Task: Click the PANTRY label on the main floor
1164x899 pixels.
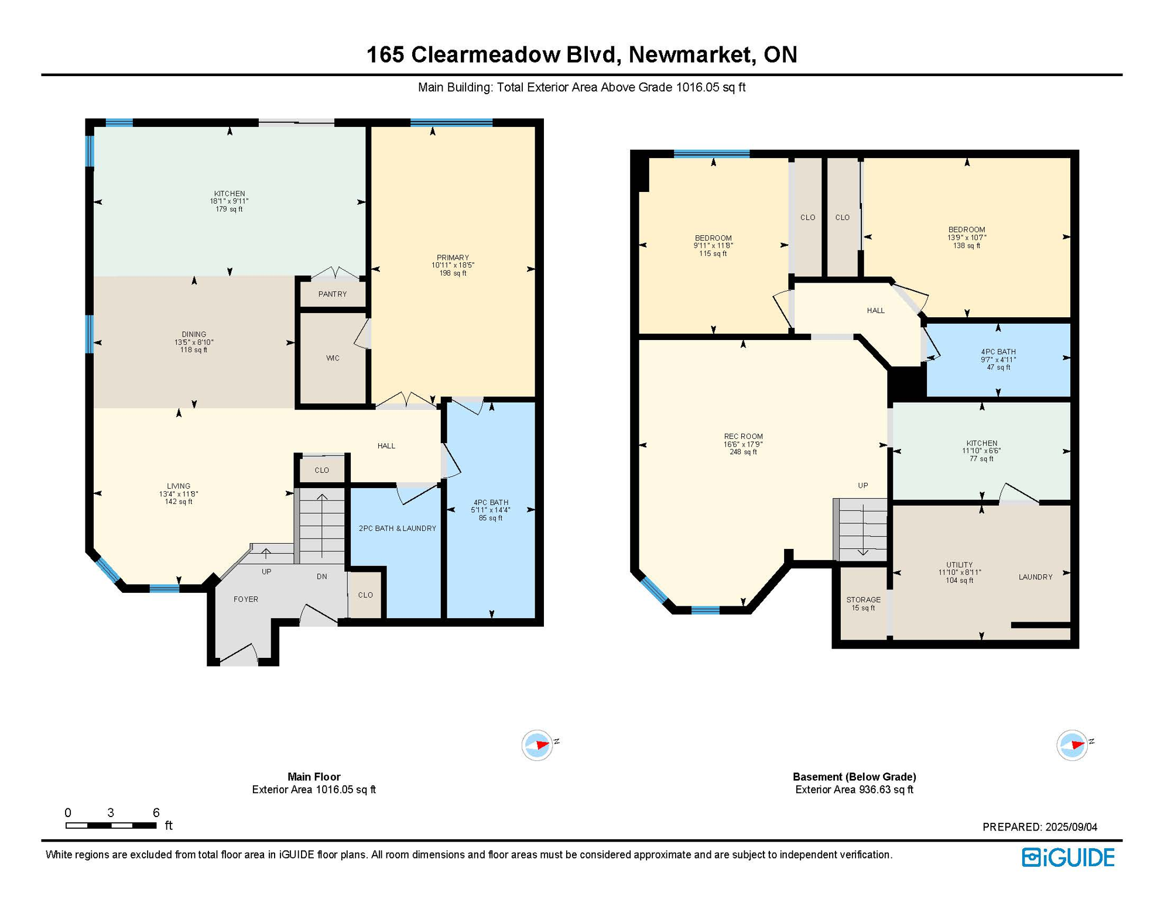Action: coord(332,294)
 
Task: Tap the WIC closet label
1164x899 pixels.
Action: coord(333,358)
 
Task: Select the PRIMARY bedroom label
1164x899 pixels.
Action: coord(453,258)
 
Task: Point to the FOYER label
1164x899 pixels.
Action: coord(246,599)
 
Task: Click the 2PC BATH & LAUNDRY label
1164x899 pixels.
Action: coord(397,529)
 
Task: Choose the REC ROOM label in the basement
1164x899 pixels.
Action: coord(743,437)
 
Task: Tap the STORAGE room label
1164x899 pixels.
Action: coord(863,600)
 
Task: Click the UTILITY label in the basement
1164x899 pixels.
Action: coord(959,565)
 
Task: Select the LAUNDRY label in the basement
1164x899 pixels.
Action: coord(1035,577)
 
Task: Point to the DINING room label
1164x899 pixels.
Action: coord(194,335)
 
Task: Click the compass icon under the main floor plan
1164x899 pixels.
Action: coord(537,745)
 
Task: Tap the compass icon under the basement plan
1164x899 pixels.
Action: coord(1072,745)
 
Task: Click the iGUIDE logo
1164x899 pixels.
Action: coord(1068,857)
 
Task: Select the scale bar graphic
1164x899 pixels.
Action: coord(111,825)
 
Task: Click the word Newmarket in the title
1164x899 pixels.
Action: coord(691,54)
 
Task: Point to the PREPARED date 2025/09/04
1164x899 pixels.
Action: coord(1071,827)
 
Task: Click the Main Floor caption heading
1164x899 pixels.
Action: coord(314,777)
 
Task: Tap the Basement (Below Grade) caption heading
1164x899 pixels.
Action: coord(854,777)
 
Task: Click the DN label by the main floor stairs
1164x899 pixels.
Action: coord(322,577)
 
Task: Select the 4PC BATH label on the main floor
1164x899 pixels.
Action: coord(491,503)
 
